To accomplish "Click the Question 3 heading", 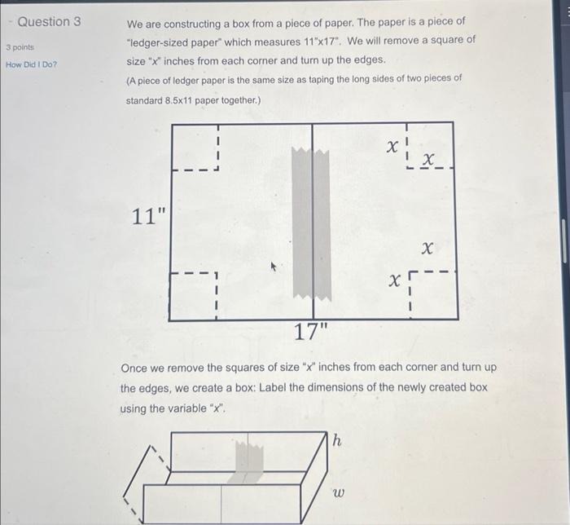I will (49, 21).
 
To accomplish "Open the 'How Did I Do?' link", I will (31, 64).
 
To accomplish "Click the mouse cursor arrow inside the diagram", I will (274, 265).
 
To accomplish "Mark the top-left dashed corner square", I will (195, 148).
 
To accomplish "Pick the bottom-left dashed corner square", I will (193, 296).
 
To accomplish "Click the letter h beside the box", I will (337, 440).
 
